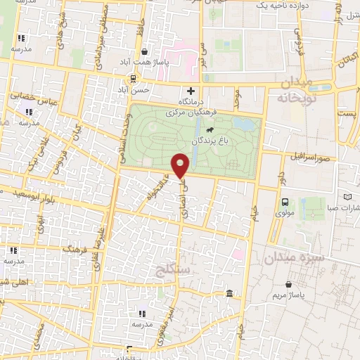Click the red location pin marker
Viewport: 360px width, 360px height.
click(181, 165)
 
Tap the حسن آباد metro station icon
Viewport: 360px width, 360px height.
click(133, 79)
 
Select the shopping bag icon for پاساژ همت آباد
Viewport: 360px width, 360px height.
click(144, 51)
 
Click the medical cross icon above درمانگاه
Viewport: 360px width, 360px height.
click(191, 90)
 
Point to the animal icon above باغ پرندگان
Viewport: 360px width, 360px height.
click(210, 130)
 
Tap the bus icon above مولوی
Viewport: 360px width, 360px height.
click(285, 202)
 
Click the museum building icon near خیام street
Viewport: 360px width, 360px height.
click(229, 293)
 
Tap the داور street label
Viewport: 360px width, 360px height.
click(280, 176)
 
